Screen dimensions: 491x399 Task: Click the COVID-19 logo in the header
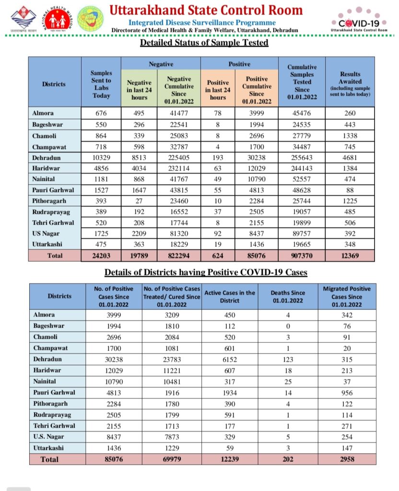pos(356,21)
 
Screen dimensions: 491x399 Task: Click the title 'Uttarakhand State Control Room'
pos(206,10)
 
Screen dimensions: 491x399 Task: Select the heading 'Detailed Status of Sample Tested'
pos(204,43)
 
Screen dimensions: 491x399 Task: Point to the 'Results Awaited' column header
pos(350,84)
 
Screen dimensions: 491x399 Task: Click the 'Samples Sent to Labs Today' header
pos(101,84)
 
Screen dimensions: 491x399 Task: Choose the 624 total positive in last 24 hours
pos(218,256)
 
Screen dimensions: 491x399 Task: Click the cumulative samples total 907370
pos(302,256)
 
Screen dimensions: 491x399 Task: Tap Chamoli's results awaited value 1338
pos(350,136)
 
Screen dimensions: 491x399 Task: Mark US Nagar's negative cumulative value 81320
pos(178,234)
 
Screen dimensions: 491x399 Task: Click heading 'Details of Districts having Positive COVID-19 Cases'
pos(206,273)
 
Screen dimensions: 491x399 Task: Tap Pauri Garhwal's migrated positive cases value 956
pos(347,393)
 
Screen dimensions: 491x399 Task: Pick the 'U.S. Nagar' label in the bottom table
pos(48,437)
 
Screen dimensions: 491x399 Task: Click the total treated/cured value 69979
pos(172,459)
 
